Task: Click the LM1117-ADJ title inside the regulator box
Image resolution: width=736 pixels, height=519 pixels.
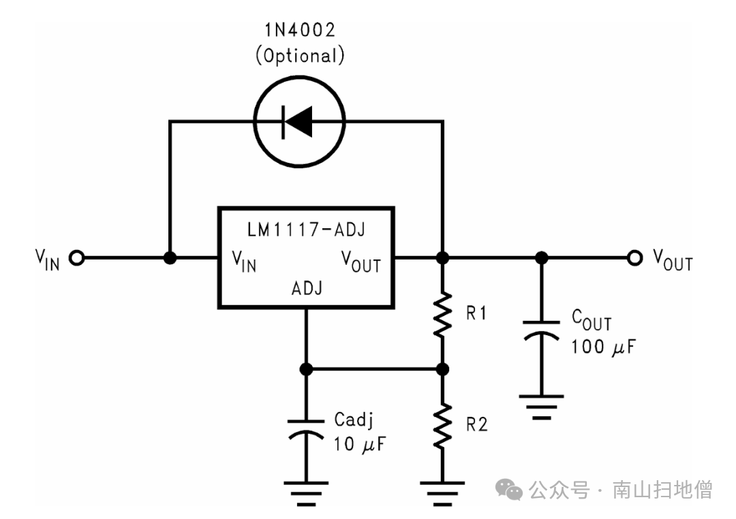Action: tap(306, 230)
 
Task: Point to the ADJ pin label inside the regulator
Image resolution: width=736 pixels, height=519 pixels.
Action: tap(307, 288)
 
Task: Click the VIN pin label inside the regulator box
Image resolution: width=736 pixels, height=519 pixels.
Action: tap(244, 261)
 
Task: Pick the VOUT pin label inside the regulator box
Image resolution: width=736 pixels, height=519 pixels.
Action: tap(361, 261)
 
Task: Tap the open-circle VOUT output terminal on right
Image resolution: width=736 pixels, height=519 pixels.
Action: tap(635, 258)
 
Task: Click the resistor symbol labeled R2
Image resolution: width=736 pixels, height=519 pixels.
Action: tap(442, 425)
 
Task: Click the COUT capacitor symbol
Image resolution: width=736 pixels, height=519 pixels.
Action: tap(541, 329)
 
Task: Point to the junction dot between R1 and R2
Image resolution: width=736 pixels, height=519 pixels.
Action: tap(442, 368)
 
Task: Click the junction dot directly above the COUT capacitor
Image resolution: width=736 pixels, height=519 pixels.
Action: tap(541, 258)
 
